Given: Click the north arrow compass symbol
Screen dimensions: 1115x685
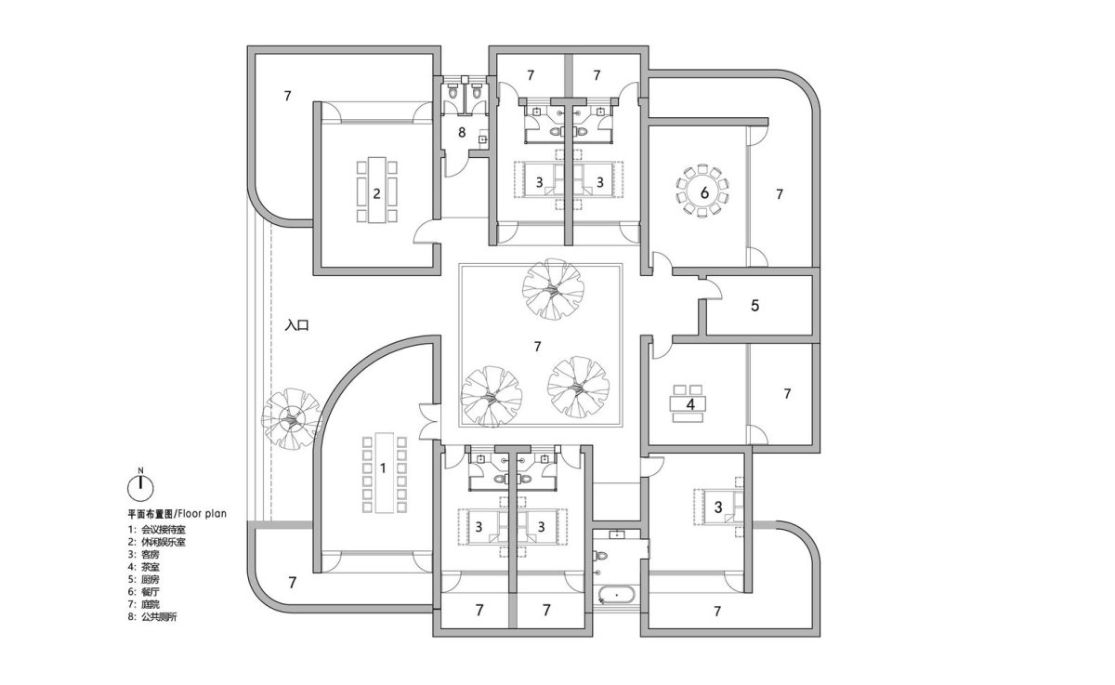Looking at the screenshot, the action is click(x=141, y=486).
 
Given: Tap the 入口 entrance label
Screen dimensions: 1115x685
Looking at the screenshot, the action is click(x=297, y=325).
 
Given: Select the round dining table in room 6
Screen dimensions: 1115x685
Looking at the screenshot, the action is click(x=702, y=191).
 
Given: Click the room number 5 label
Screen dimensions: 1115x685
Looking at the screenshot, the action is click(x=754, y=305).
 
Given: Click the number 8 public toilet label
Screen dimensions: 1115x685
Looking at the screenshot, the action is click(x=462, y=132).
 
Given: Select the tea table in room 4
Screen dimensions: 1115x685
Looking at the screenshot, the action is click(x=689, y=403).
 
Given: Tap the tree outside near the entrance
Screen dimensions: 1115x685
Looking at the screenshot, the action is click(x=292, y=418).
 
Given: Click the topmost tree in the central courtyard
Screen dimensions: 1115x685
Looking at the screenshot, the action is click(x=553, y=289).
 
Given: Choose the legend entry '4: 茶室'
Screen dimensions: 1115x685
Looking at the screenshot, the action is click(x=144, y=567).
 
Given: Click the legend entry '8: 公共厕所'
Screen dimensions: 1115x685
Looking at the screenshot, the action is click(x=152, y=617).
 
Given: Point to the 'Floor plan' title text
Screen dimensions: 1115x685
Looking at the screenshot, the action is click(x=203, y=513).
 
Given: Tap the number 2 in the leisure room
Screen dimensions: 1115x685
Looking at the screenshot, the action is click(x=377, y=193).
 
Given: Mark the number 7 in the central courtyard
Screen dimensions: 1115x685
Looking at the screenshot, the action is click(x=537, y=347).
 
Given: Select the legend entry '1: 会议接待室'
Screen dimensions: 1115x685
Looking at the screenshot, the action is click(x=157, y=529).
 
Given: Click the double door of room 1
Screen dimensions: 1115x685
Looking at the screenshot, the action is click(x=429, y=421).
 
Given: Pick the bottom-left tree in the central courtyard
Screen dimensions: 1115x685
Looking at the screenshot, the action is click(x=491, y=397).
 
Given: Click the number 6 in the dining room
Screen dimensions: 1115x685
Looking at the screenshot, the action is click(x=704, y=192).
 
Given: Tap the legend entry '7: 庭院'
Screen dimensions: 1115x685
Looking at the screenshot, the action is click(x=144, y=604).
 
